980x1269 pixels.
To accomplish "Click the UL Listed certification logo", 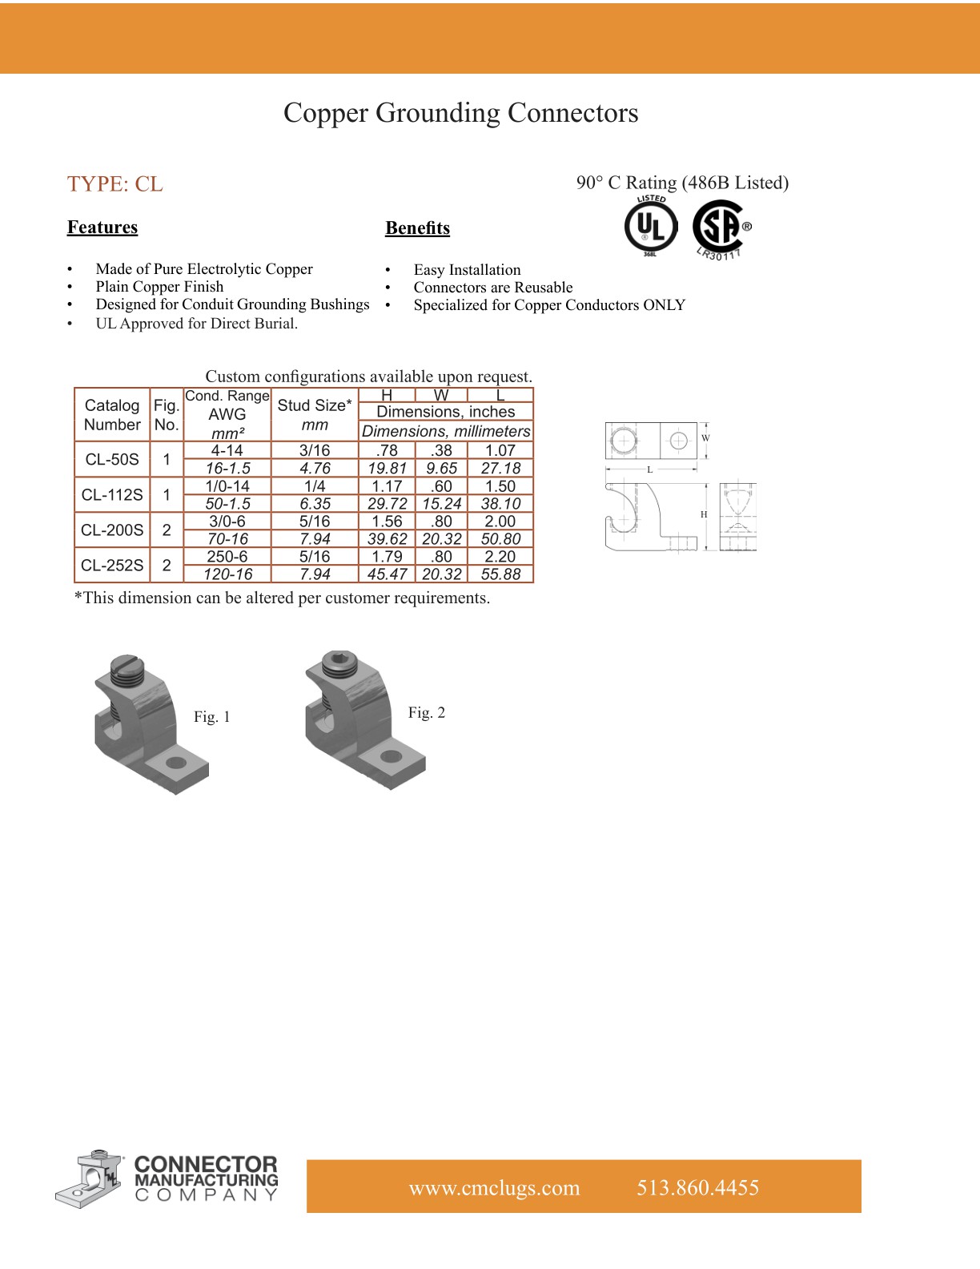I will pos(651,227).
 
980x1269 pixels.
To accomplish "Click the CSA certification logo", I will pos(719,228).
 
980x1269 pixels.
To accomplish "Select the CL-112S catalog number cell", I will pos(112,495).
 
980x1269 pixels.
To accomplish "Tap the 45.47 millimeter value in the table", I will pos(387,574).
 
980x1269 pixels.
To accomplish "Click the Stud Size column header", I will pos(315,414).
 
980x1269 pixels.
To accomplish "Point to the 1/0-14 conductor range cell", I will pos(227,486).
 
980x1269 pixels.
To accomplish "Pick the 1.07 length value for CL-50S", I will pos(500,450).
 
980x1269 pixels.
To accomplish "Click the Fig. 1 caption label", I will pos(212,717).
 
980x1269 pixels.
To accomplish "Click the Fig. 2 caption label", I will pos(426,713).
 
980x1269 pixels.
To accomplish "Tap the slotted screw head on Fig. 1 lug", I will pos(127,665).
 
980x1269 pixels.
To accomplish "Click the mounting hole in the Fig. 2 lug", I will pos(391,756).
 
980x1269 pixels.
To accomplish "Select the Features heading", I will pos(102,228).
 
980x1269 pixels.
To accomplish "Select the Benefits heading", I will pos(417,228).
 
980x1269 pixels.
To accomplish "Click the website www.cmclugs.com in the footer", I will pos(494,1188).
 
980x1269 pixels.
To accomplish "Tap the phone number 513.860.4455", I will pos(697,1188).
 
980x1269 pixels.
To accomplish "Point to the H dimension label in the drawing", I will pos(704,514).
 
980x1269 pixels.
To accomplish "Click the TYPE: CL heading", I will pos(115,184).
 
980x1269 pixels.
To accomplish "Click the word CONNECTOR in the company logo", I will pos(206,1164).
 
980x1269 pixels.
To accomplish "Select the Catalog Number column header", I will pos(112,415).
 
